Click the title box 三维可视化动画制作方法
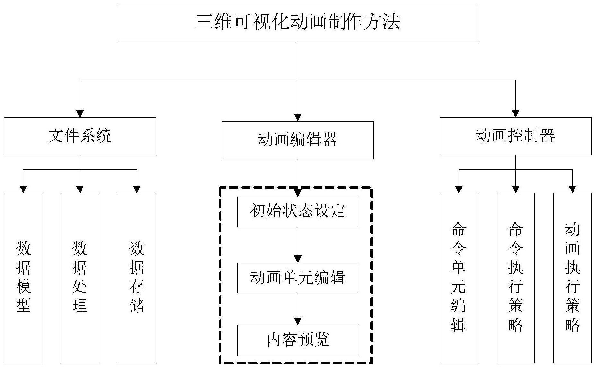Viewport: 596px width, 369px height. (x=298, y=23)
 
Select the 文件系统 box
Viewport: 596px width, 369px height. (x=80, y=136)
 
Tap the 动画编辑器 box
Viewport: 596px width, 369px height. (x=298, y=140)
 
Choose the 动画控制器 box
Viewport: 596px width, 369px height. (x=515, y=136)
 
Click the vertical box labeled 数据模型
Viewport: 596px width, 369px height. (x=23, y=278)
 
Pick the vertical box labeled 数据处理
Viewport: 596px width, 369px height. (x=80, y=278)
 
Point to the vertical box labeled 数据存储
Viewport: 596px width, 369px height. (x=137, y=278)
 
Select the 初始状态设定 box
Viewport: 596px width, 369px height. (x=298, y=212)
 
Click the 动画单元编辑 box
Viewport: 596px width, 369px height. (x=298, y=278)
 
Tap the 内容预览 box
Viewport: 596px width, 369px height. (x=298, y=340)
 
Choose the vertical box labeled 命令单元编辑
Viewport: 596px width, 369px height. (x=459, y=278)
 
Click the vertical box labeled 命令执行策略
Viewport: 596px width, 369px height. (x=515, y=278)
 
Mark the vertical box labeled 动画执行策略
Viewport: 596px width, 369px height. (x=572, y=278)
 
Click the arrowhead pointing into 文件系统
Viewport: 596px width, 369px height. (x=80, y=114)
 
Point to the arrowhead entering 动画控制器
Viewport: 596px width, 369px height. (x=515, y=114)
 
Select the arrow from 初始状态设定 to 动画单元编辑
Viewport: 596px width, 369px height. (x=298, y=245)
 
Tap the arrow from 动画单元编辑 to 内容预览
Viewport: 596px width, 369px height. (x=298, y=309)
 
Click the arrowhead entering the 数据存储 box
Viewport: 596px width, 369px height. (x=137, y=189)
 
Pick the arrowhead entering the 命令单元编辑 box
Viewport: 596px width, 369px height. (x=459, y=189)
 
